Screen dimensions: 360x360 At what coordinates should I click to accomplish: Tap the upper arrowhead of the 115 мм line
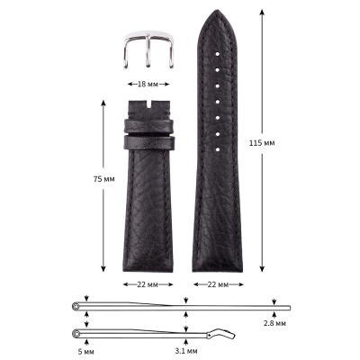(263, 13)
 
